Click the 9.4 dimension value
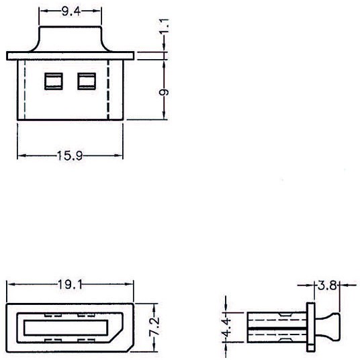71,11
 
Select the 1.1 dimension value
165,26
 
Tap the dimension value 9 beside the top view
164,92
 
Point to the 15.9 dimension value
70,155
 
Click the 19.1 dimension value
70,285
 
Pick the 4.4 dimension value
226,327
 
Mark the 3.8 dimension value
327,285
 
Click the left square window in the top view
54,81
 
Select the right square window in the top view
87,81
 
